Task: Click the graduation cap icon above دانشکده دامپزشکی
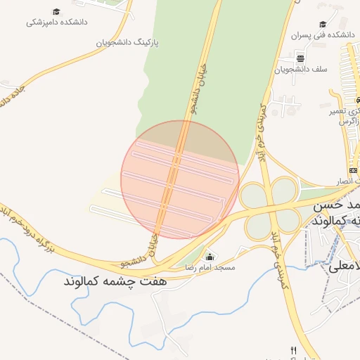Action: [x=56, y=12]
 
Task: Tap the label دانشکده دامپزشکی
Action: [x=56, y=22]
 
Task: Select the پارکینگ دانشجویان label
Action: [x=128, y=42]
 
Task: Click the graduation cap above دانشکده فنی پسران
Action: [x=323, y=23]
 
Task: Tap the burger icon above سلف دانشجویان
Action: [x=300, y=58]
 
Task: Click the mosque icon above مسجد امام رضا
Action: [x=209, y=257]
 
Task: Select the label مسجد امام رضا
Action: [x=209, y=269]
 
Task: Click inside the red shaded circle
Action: [x=180, y=179]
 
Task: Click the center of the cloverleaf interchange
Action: [x=270, y=207]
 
